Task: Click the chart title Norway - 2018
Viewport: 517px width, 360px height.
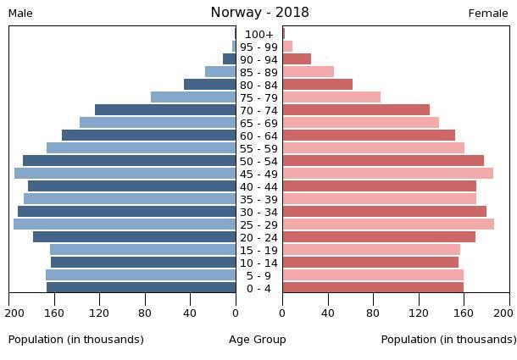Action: [259, 13]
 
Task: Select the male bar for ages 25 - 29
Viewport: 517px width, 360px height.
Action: [125, 224]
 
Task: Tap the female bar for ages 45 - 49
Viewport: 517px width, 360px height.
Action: [387, 174]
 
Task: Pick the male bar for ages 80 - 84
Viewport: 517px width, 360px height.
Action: [209, 85]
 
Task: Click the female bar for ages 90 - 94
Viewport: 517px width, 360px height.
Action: [297, 59]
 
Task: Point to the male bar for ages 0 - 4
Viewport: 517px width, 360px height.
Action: [141, 288]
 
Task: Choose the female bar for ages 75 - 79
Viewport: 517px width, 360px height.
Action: [331, 97]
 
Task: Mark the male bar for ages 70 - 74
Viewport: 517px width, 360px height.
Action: [165, 110]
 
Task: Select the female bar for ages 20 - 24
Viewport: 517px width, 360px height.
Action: [379, 237]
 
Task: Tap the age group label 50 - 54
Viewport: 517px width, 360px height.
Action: [258, 161]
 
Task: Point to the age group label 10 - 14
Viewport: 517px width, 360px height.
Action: [258, 263]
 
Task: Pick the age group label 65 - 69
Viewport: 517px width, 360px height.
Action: [258, 123]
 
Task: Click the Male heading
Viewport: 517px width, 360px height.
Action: [20, 14]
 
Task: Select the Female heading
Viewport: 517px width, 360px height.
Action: [488, 14]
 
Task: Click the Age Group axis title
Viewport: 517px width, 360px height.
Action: [258, 340]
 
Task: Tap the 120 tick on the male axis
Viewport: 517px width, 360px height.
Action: [100, 313]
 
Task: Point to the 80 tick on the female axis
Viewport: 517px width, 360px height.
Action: [373, 313]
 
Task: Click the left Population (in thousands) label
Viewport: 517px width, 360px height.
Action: [76, 340]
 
